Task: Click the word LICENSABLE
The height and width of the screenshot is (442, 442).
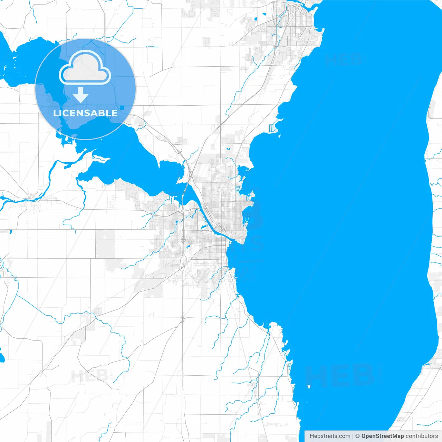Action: pyautogui.click(x=85, y=113)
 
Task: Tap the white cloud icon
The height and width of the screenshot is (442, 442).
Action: pyautogui.click(x=85, y=68)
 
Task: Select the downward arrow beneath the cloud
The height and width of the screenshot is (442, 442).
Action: pyautogui.click(x=80, y=95)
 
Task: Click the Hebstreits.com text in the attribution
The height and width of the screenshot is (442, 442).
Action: pyautogui.click(x=330, y=436)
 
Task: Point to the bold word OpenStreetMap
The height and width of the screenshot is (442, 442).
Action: pyautogui.click(x=382, y=436)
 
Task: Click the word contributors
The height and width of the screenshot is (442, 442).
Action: pyautogui.click(x=421, y=436)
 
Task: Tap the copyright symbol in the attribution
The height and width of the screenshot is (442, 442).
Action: pyautogui.click(x=357, y=436)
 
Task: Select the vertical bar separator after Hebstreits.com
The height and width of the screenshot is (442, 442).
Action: pyautogui.click(x=353, y=436)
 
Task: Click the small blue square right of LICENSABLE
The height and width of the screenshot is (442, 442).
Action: pyautogui.click(x=122, y=108)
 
